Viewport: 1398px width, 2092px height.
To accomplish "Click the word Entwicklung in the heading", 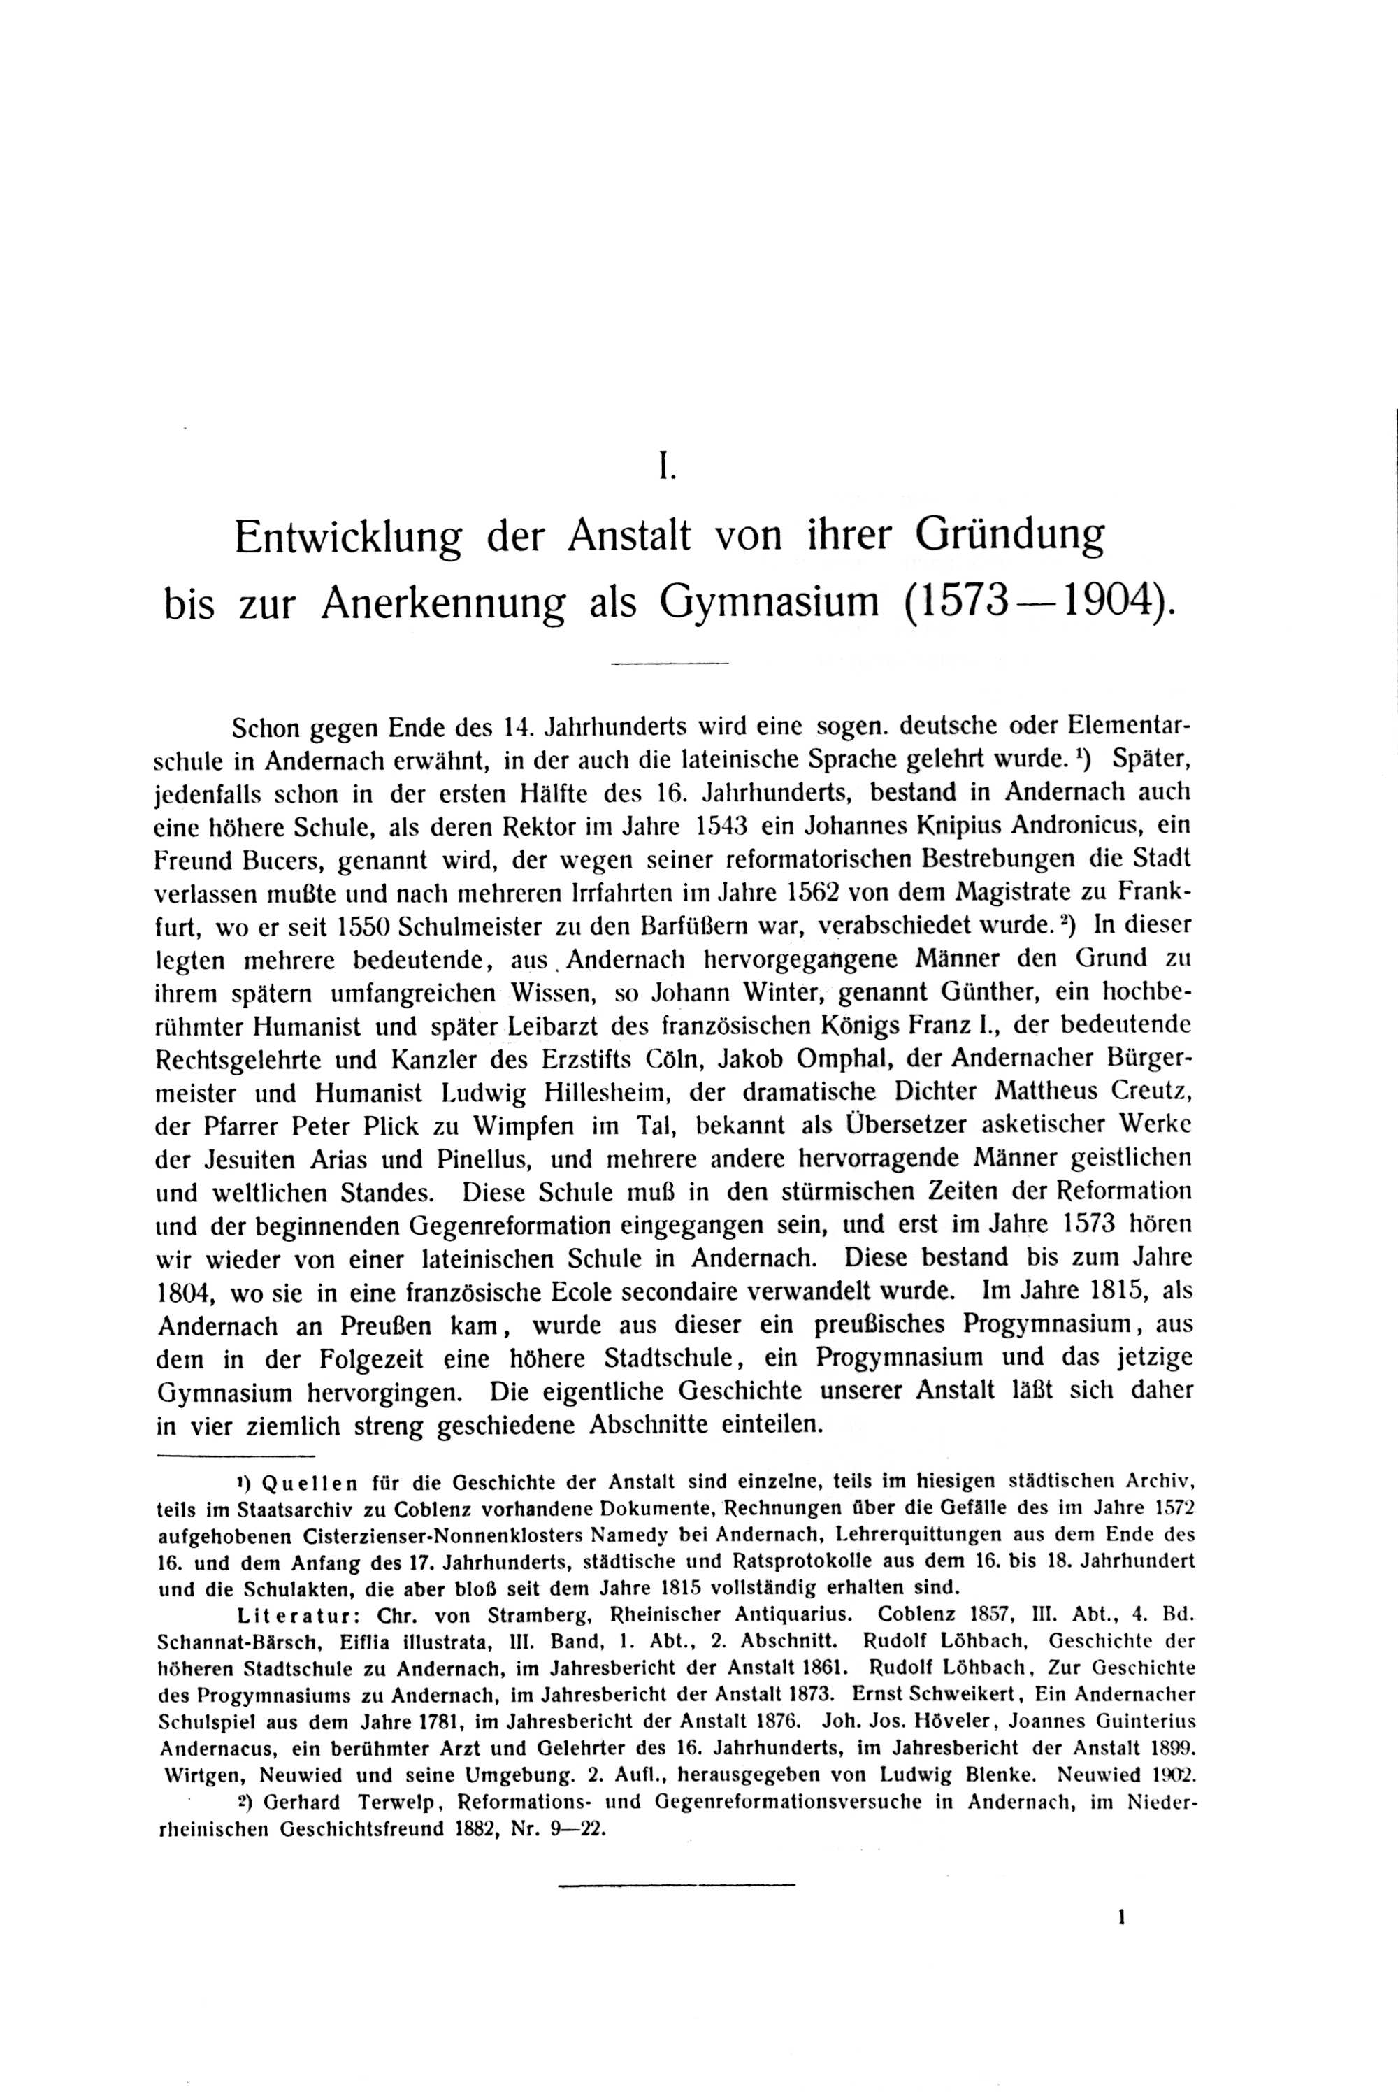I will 347,538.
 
